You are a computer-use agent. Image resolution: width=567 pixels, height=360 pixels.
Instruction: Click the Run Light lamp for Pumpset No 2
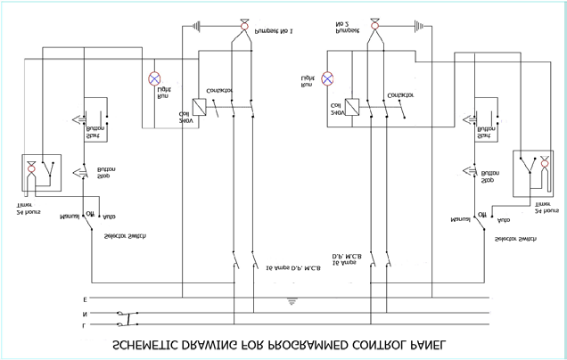pyautogui.click(x=329, y=78)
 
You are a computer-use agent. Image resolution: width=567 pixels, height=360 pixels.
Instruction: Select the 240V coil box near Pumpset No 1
pyautogui.click(x=201, y=107)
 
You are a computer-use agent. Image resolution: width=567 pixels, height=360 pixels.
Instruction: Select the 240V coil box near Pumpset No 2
pyautogui.click(x=354, y=106)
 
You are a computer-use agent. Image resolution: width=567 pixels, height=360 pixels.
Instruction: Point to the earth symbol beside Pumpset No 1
pyautogui.click(x=195, y=27)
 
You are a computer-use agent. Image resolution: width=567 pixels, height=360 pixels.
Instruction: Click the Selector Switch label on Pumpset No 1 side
pyautogui.click(x=126, y=235)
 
